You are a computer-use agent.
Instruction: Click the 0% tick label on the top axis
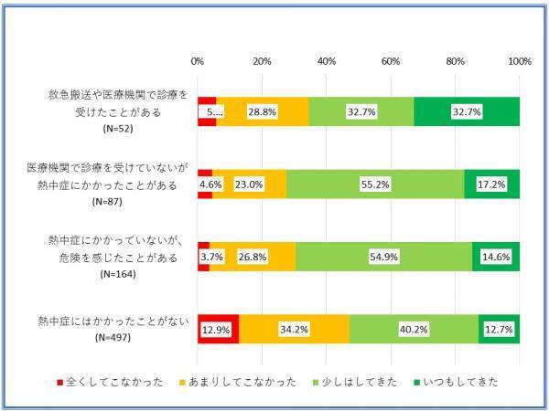tap(198, 61)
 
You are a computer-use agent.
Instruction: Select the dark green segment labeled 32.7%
tap(467, 111)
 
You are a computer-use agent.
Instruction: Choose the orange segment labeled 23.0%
tap(249, 184)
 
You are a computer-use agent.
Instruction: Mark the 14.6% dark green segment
tap(496, 257)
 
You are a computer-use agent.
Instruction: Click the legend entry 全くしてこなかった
tap(111, 382)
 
